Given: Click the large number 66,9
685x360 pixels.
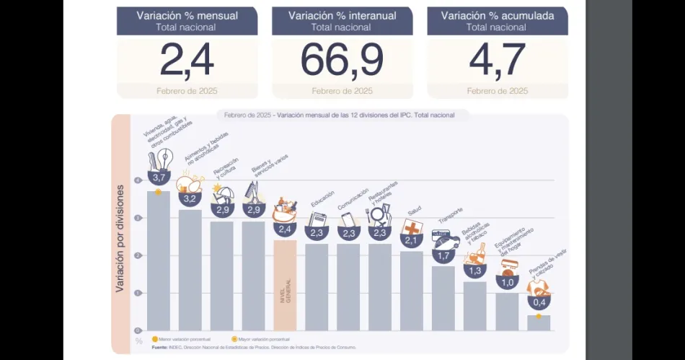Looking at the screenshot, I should tap(342, 61).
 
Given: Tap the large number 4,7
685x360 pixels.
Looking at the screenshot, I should tap(497, 61).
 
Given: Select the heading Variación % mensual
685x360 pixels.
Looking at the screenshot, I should tap(187, 15).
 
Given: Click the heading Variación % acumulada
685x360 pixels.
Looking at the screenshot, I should tap(497, 15).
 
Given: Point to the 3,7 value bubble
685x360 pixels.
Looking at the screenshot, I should tap(159, 177).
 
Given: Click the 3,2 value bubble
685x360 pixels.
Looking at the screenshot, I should tap(190, 198).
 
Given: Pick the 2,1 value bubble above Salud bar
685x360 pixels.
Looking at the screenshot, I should tap(412, 240).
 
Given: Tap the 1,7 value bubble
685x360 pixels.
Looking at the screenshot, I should tap(443, 255).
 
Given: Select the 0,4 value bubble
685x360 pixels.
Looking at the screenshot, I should tap(539, 302).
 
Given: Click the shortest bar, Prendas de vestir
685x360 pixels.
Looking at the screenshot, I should tap(539, 322).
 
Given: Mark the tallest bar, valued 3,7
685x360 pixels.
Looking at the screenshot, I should tap(159, 260).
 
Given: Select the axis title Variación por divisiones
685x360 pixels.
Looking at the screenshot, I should tap(121, 238).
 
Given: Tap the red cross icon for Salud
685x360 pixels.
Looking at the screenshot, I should tap(412, 227).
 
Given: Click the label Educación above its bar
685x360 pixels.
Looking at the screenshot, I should tap(322, 199).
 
